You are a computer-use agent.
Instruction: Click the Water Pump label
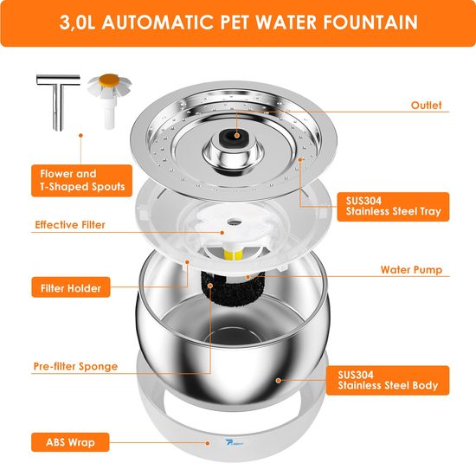coord(411,270)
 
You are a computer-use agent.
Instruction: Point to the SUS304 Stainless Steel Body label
coord(385,379)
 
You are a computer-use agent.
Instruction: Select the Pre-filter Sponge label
coord(76,366)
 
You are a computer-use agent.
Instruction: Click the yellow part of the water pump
coord(231,252)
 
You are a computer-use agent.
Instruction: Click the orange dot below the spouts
coord(80,135)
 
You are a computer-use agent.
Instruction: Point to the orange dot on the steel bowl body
coord(277,378)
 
